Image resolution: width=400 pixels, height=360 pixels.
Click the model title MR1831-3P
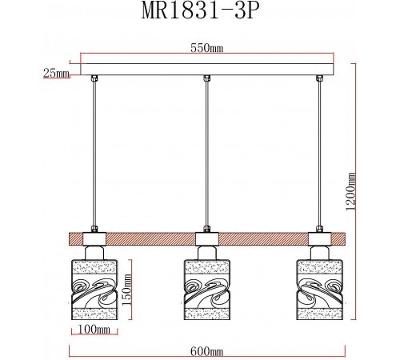pos(200,14)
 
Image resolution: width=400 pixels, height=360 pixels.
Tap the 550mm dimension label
pos(206,49)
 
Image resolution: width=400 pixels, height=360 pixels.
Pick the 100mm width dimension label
pos(94,328)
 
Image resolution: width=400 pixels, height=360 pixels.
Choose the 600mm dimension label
pos(206,350)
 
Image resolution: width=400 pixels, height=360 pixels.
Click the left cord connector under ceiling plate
pos(95,78)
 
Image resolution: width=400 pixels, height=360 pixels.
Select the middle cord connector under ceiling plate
pos(207,78)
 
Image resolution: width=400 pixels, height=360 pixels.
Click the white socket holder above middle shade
pos(206,238)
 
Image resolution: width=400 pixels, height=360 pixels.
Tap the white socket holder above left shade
pos(94,238)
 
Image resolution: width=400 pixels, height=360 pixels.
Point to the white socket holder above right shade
pos(319,238)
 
